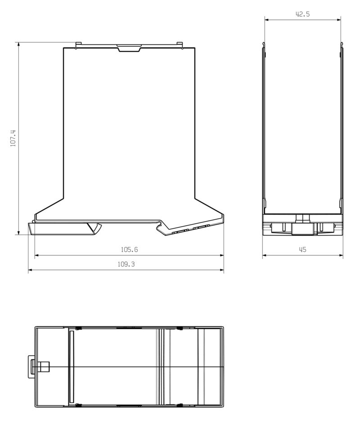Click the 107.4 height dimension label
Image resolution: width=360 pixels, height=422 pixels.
[x=13, y=138]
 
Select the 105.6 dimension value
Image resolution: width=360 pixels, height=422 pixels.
[x=129, y=249]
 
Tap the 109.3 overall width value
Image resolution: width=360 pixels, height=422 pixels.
[x=126, y=265]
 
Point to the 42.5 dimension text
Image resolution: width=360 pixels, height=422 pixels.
[x=302, y=14]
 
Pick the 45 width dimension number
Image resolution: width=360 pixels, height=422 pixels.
[x=302, y=250]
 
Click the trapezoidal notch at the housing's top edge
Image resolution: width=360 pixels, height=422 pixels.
[x=129, y=48]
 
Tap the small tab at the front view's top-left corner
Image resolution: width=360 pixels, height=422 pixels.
[x=77, y=45]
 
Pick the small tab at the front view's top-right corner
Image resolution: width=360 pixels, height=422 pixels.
[x=181, y=45]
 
